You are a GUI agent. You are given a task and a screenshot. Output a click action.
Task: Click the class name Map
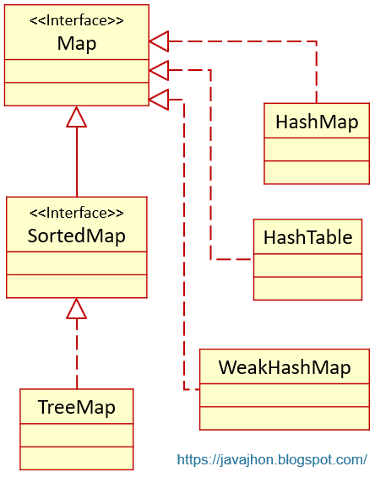(76, 44)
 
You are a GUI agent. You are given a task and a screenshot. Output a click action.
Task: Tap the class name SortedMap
(76, 236)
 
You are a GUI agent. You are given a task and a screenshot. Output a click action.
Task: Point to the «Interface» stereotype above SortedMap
(76, 213)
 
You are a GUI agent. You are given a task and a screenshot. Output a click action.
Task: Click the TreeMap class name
(76, 408)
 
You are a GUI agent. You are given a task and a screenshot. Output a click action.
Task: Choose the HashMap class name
(317, 122)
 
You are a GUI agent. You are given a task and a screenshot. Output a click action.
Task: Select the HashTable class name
(307, 238)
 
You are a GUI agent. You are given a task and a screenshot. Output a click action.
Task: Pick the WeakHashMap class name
(284, 368)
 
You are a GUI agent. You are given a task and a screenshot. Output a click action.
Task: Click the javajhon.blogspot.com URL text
(272, 460)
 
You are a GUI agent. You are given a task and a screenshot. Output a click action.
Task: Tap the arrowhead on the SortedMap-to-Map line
(77, 117)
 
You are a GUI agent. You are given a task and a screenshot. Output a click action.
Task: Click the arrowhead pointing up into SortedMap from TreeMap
(77, 309)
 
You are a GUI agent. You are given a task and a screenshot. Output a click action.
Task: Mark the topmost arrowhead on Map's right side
(160, 40)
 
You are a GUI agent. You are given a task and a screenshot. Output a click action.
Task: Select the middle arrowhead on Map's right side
(160, 70)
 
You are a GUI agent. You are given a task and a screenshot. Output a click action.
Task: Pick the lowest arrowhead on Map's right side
(160, 100)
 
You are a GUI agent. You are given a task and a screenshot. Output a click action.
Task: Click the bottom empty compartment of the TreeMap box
(76, 458)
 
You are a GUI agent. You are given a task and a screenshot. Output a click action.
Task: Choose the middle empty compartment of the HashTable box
(307, 264)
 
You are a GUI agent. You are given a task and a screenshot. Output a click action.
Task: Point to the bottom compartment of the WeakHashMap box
(284, 417)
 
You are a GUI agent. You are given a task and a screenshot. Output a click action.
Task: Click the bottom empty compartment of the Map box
(76, 94)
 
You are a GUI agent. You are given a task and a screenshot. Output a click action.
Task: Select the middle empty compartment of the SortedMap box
(76, 263)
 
